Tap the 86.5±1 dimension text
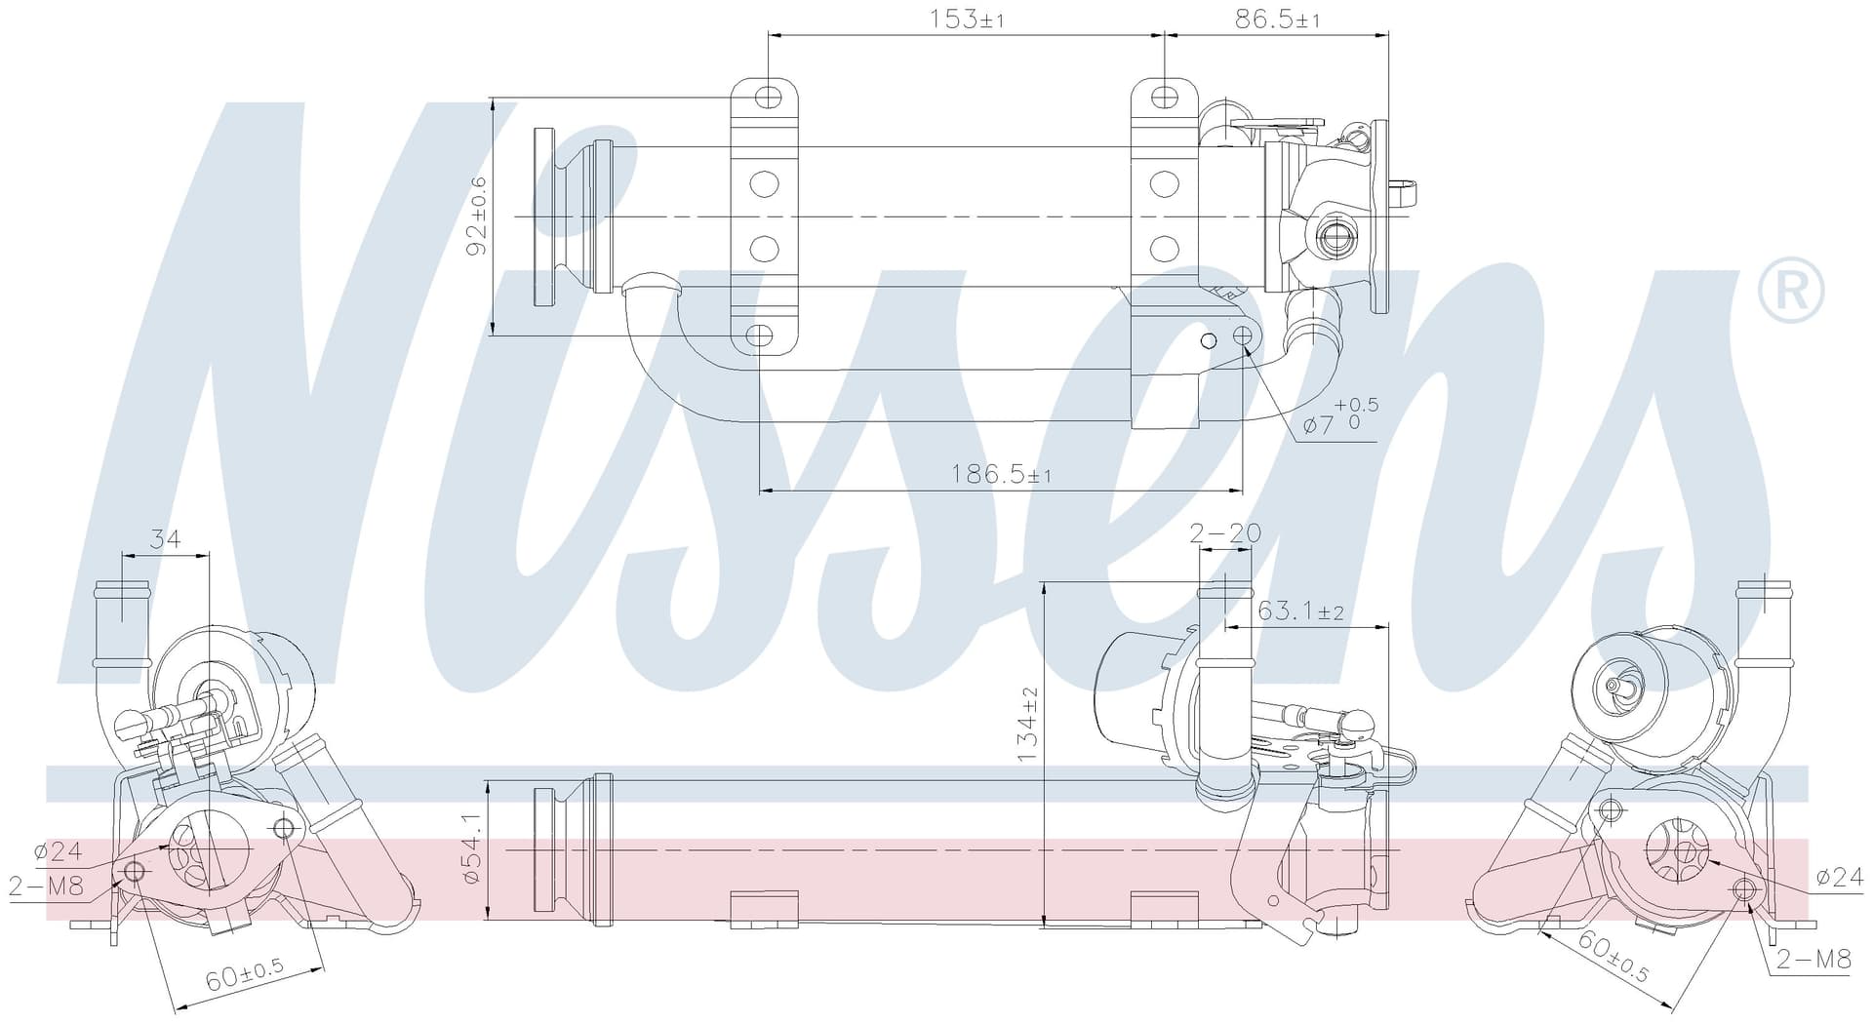[1277, 19]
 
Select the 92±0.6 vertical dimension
[477, 216]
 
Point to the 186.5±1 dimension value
[1001, 475]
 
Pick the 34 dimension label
[165, 538]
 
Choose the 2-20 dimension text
[1225, 532]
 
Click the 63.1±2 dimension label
[1301, 611]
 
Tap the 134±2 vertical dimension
[1029, 725]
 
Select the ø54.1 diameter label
[473, 848]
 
